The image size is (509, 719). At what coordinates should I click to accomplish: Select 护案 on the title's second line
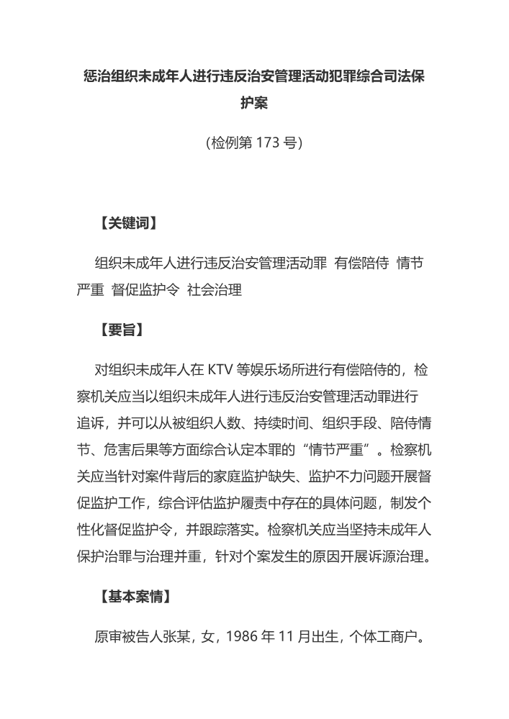click(254, 104)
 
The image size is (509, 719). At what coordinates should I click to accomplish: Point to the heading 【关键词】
click(127, 223)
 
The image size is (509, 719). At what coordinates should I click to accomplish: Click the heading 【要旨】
click(120, 330)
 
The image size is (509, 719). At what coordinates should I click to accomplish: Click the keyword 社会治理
click(214, 290)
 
